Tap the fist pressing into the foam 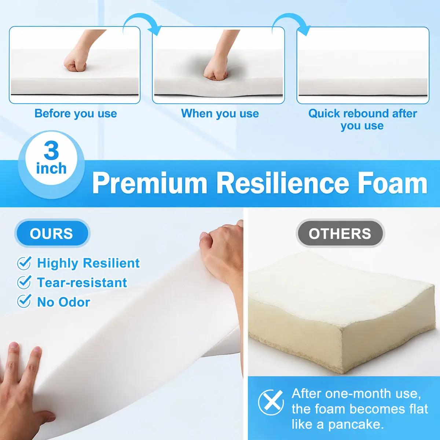click(215, 69)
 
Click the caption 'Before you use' click(76, 113)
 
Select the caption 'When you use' click(220, 113)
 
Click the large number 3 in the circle click(51, 150)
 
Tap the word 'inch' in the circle click(51, 169)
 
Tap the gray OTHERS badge click(340, 233)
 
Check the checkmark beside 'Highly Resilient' click(24, 263)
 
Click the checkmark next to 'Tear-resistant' click(24, 282)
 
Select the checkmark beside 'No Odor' click(24, 301)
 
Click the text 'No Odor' click(63, 302)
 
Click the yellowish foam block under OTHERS click(342, 312)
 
